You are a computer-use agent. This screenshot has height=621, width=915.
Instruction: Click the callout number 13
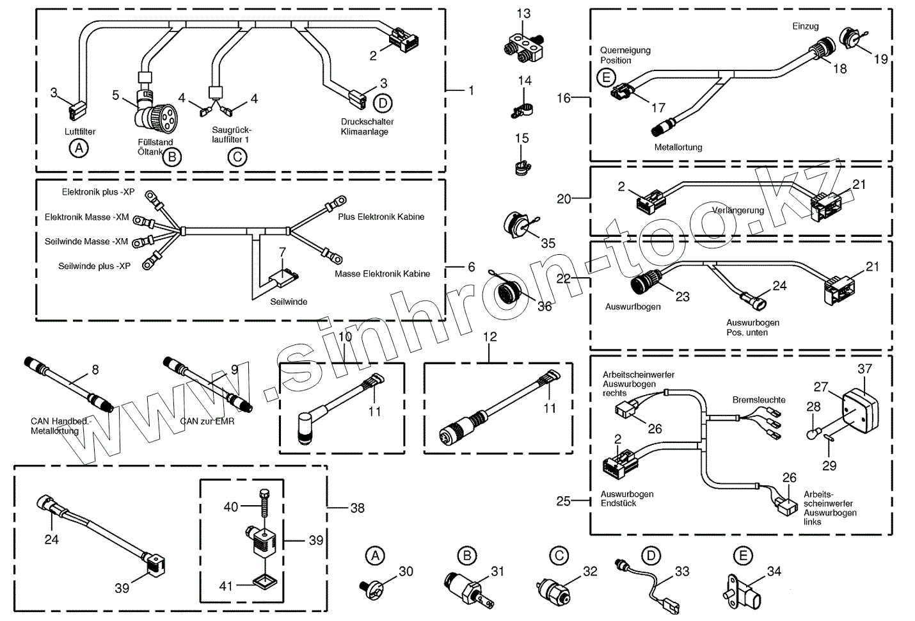[x=523, y=13]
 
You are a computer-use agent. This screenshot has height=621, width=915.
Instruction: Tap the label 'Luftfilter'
[x=80, y=132]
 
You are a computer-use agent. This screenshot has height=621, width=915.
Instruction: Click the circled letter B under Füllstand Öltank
[x=171, y=157]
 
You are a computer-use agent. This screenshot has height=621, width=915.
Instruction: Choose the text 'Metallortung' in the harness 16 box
[x=678, y=147]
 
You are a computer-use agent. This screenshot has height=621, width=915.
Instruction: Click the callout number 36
[x=545, y=307]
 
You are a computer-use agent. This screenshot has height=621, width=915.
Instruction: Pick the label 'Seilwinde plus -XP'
[x=94, y=266]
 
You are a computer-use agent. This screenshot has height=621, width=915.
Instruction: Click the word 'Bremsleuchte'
[x=759, y=400]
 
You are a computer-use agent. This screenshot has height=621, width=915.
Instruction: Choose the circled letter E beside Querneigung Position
[x=604, y=78]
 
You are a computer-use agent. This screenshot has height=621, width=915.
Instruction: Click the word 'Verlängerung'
[x=738, y=211]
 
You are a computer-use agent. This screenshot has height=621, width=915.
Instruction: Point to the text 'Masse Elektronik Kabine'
[x=382, y=274]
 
